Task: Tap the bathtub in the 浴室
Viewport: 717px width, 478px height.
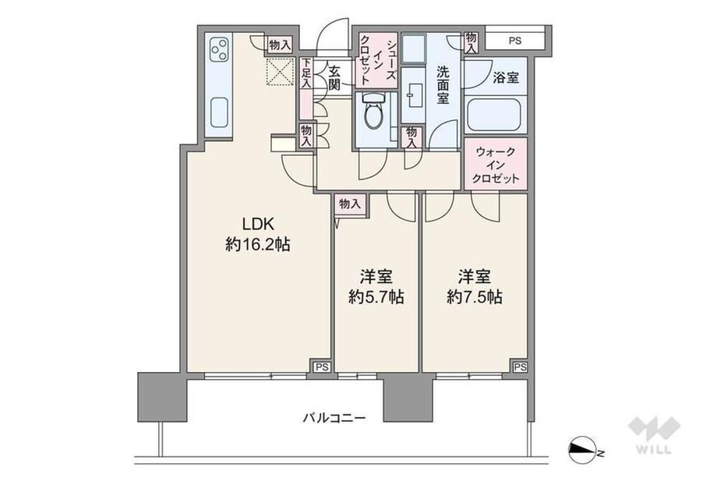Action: pyautogui.click(x=495, y=115)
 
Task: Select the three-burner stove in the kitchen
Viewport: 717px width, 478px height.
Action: pyautogui.click(x=218, y=50)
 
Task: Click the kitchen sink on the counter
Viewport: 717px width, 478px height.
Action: pyautogui.click(x=219, y=113)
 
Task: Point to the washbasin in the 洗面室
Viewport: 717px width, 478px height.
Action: pyautogui.click(x=415, y=95)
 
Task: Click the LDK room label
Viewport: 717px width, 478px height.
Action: pyautogui.click(x=258, y=224)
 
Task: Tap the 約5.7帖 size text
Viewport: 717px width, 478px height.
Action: pyautogui.click(x=376, y=297)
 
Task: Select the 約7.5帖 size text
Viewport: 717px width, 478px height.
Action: pyautogui.click(x=475, y=297)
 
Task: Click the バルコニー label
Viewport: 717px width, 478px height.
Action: pyautogui.click(x=334, y=418)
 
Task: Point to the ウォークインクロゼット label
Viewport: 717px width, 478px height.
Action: pyautogui.click(x=496, y=165)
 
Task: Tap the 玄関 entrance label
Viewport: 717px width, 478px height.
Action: pyautogui.click(x=334, y=78)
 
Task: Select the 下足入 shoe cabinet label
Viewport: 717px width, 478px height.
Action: pyautogui.click(x=306, y=73)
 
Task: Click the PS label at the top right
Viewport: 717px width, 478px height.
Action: pyautogui.click(x=515, y=41)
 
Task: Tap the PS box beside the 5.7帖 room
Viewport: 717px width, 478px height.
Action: pyautogui.click(x=322, y=366)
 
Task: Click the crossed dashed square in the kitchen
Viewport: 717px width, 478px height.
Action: pyautogui.click(x=280, y=72)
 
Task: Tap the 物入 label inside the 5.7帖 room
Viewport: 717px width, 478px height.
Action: pyautogui.click(x=350, y=204)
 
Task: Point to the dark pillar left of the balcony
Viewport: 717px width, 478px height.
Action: pyautogui.click(x=162, y=397)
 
